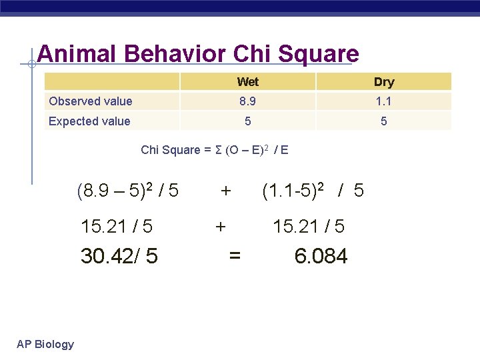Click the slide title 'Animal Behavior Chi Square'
(198, 54)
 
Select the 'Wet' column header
(247, 82)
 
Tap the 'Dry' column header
(384, 82)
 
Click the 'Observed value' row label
(91, 101)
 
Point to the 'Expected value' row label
(89, 121)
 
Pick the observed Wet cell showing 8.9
(247, 101)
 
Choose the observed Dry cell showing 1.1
(384, 101)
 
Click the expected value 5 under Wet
(247, 121)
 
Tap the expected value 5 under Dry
(384, 121)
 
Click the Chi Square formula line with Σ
(215, 150)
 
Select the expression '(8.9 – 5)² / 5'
(128, 191)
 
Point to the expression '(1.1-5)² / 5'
(313, 191)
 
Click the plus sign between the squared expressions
(226, 192)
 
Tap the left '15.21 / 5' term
(117, 227)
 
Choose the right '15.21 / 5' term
(309, 227)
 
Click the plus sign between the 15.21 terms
(220, 227)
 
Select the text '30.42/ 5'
(119, 256)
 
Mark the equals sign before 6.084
(235, 256)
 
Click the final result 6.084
(321, 256)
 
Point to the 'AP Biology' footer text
(45, 344)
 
